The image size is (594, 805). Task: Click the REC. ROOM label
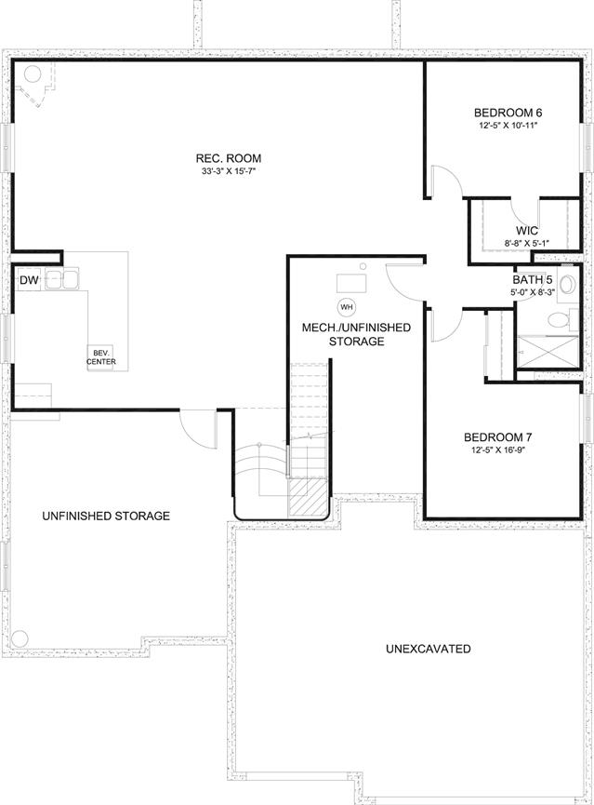coord(229,158)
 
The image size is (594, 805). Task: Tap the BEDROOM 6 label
coord(508,113)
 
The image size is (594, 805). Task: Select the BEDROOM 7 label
coord(497,437)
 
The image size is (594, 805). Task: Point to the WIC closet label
coord(527,232)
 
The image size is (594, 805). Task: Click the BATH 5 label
coord(533,280)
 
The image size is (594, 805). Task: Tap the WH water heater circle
coord(347,307)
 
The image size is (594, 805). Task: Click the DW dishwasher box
coord(29,280)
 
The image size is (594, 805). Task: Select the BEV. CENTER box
coord(101,357)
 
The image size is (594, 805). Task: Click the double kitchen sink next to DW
coord(61,279)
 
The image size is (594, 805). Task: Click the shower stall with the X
coord(548,352)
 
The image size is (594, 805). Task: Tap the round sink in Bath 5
coord(567,285)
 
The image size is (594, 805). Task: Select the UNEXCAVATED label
coord(429,649)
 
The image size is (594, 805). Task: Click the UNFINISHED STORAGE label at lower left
coord(106,516)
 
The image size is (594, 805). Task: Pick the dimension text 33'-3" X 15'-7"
coord(229,171)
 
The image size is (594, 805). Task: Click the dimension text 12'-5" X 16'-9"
coord(497,450)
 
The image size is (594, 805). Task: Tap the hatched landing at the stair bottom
coord(308,499)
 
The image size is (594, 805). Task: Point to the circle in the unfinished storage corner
coord(19,639)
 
